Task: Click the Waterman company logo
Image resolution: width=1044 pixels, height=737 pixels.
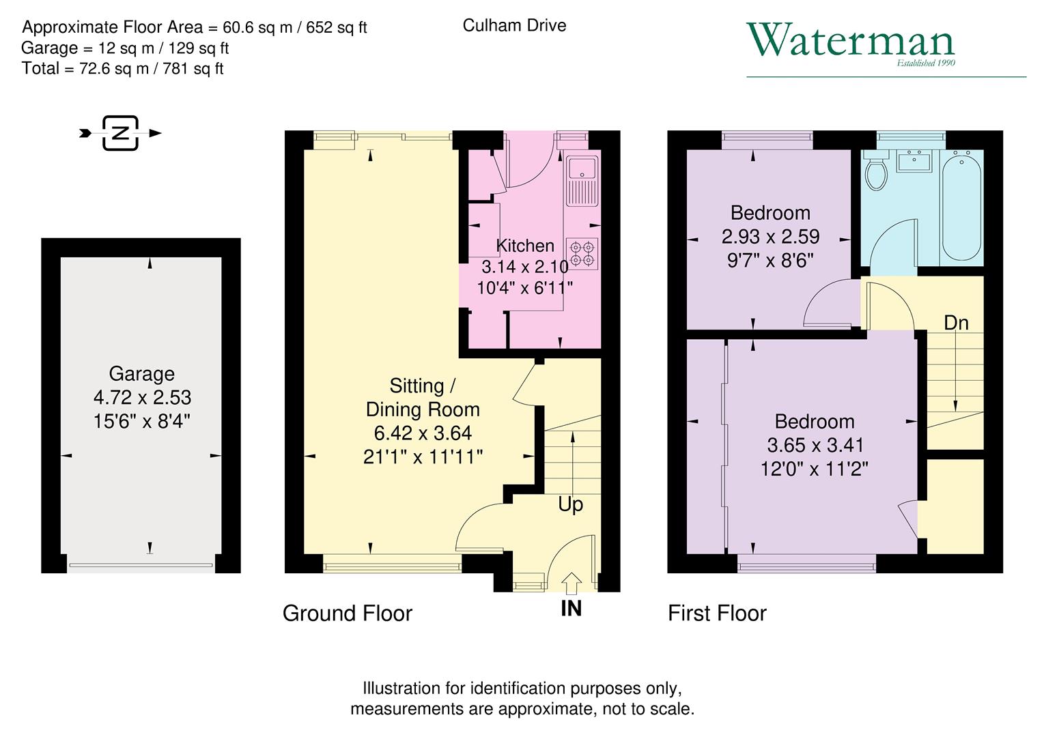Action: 850,42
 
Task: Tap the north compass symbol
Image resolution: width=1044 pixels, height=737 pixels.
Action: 121,133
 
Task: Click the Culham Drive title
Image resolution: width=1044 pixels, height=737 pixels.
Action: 514,26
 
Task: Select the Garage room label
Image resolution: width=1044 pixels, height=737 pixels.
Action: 141,374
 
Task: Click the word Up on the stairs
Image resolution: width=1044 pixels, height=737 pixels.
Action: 570,504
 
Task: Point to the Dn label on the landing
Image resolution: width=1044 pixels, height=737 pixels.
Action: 956,323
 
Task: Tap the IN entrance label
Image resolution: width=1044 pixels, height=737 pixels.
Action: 571,608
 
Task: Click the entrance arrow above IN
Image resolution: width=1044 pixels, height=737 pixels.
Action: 571,584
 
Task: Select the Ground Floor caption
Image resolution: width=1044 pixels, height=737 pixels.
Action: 347,613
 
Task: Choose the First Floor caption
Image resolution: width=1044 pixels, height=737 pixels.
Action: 717,613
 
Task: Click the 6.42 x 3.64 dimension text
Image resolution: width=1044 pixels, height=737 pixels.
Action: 423,433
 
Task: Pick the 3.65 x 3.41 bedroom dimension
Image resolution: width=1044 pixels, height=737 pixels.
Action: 815,446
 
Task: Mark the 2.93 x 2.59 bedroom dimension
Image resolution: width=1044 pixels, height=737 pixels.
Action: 770,237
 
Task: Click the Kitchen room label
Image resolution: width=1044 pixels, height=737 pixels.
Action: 524,246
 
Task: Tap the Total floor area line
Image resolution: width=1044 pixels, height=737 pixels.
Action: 123,69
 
